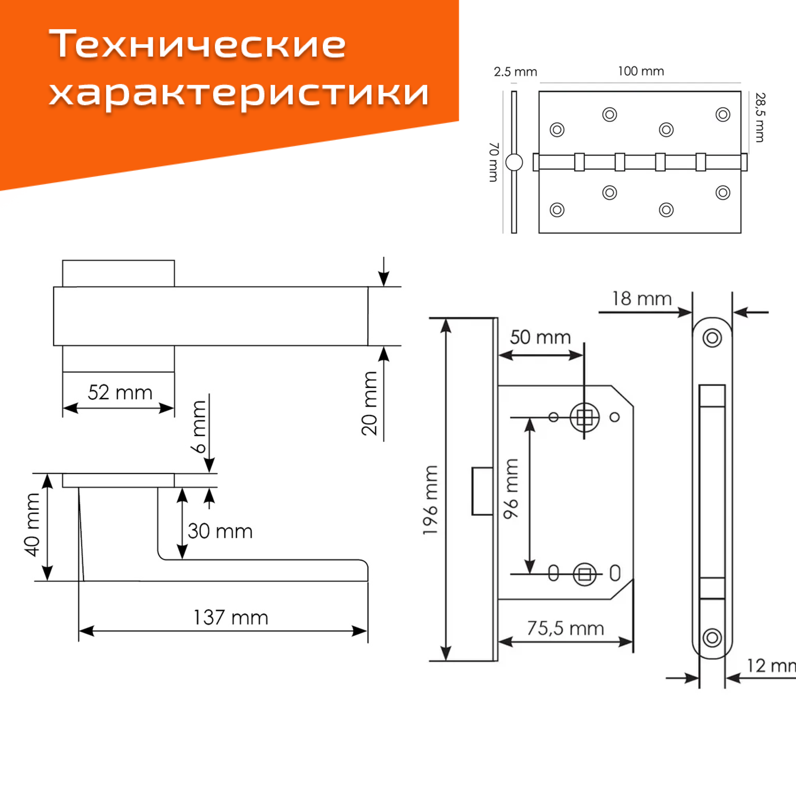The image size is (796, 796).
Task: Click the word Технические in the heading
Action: (197, 44)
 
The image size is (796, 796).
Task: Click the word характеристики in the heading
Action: (239, 93)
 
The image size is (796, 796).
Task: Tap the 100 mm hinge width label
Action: (641, 71)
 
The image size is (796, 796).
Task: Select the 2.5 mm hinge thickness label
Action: (515, 72)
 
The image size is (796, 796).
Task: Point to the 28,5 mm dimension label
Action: (760, 117)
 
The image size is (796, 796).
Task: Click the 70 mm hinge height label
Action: (493, 162)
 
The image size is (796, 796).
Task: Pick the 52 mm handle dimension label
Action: (120, 392)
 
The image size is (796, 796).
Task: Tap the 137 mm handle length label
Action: (231, 618)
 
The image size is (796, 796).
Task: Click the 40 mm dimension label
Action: (32, 525)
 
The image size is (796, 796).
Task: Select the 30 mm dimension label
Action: (220, 531)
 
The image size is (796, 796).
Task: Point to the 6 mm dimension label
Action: (199, 427)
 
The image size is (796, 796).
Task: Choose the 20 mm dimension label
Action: (369, 403)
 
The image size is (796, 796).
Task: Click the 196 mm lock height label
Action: (430, 500)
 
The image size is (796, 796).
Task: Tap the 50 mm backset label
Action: (540, 338)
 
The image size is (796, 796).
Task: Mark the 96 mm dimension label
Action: (511, 489)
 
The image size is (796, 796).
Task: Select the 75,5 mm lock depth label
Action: (565, 628)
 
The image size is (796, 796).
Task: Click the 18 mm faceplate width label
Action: (642, 299)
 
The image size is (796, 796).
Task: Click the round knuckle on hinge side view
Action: (514, 162)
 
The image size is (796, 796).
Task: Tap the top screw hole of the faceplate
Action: (712, 338)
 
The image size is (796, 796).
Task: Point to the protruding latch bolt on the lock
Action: (482, 491)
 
